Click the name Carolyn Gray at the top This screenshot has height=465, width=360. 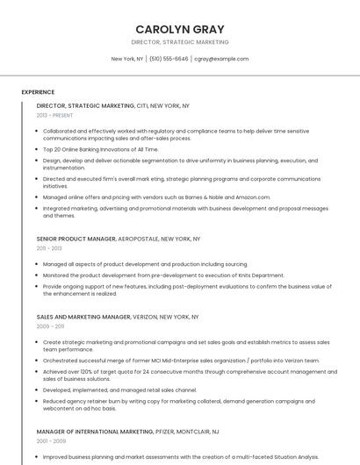[x=179, y=28]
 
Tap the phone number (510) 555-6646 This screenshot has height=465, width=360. [x=169, y=59]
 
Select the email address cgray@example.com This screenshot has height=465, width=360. [x=221, y=59]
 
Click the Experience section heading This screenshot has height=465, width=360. [x=38, y=92]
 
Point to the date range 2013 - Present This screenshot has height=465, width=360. [x=54, y=115]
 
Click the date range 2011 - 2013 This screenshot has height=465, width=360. [x=48, y=248]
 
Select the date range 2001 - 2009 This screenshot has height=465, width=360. [x=49, y=441]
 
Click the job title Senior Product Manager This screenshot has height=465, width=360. [x=76, y=239]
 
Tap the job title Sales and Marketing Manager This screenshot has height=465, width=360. [x=83, y=316]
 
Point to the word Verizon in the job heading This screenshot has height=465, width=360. [x=148, y=316]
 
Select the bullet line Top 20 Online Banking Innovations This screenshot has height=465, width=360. [x=100, y=149]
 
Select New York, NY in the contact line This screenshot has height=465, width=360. [x=127, y=59]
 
